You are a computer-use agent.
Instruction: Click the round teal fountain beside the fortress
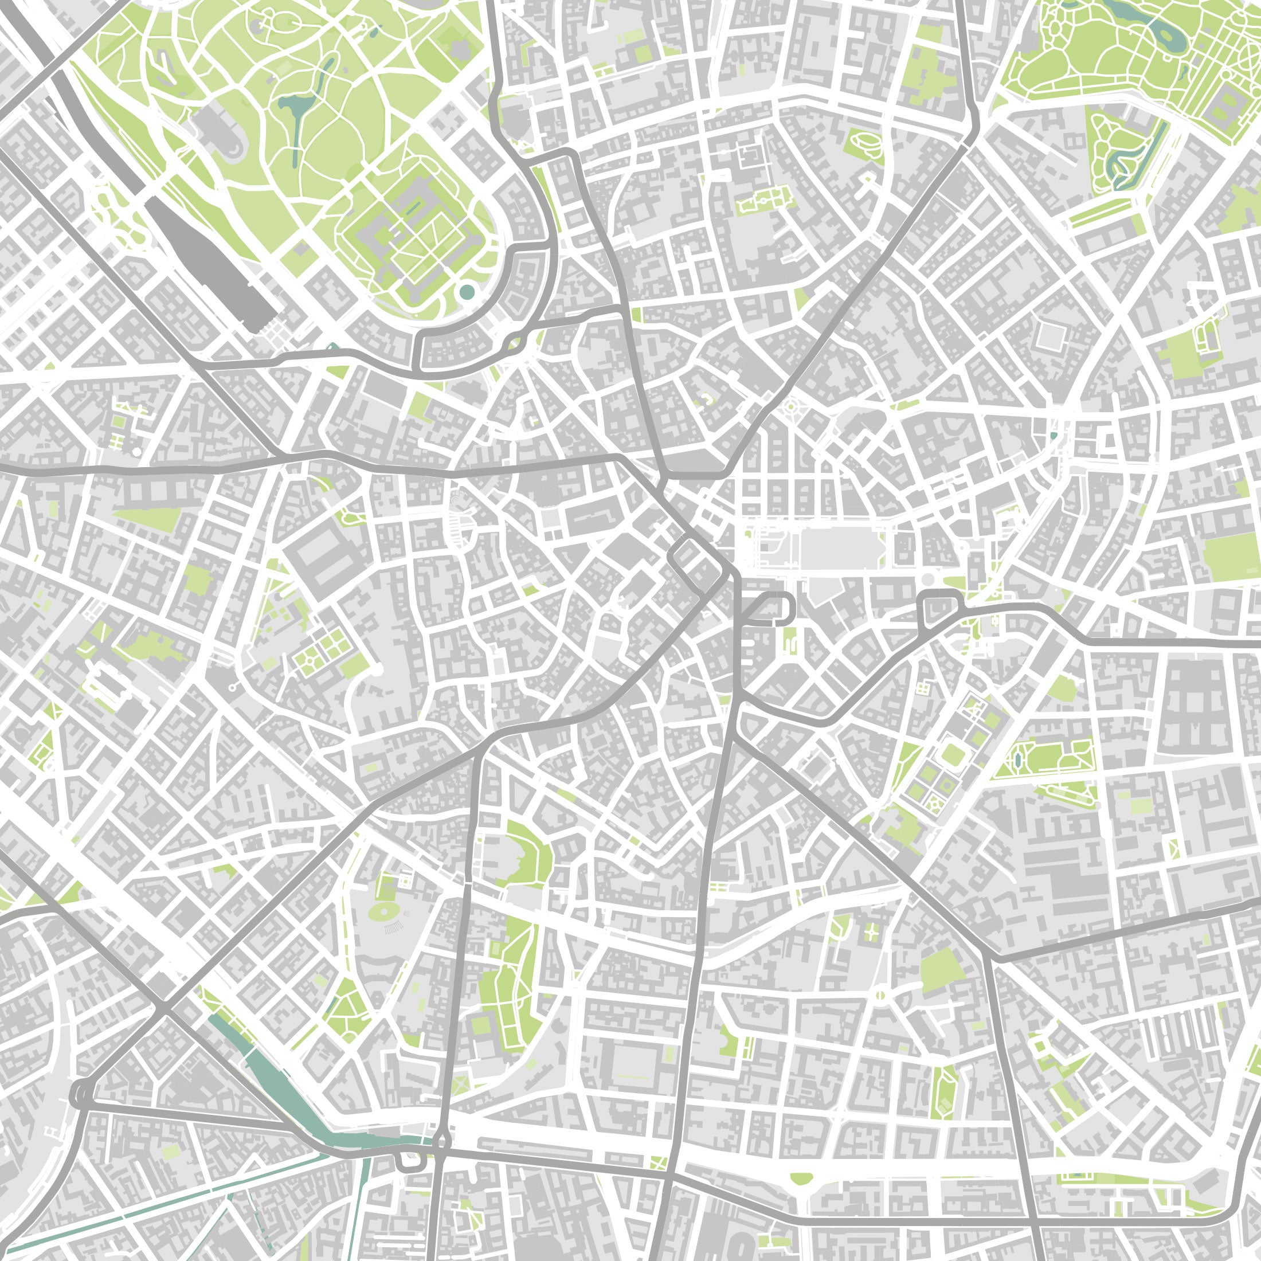coord(467,292)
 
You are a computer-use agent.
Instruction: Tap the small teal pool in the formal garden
coord(1053,436)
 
